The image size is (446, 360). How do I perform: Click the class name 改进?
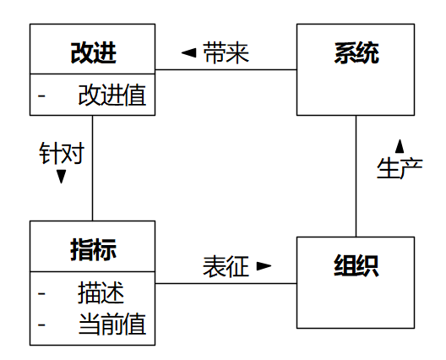93,53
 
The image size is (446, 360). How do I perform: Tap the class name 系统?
356,53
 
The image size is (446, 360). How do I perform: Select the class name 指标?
93,249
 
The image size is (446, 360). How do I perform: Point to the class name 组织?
356,266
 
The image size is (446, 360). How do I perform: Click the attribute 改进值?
112,95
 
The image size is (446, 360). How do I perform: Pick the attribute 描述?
101,292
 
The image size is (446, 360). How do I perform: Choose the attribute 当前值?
112,324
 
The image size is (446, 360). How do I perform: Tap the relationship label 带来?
226,53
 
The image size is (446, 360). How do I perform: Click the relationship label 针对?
62,153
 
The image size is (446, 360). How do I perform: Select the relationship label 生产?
400,168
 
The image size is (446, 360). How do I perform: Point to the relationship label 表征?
226,266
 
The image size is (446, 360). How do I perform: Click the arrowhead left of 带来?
189,52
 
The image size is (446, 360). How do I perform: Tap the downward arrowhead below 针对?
61,177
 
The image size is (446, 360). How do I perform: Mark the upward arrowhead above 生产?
400,146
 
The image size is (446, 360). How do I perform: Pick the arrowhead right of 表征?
264,266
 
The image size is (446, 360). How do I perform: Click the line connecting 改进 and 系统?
226,69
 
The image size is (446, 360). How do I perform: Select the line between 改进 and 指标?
92,168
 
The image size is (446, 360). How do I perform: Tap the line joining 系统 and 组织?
356,176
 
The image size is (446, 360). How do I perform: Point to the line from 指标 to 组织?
226,283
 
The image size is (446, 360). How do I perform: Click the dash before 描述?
41,293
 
